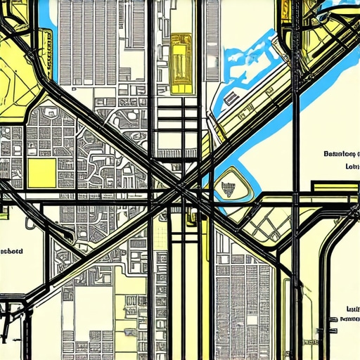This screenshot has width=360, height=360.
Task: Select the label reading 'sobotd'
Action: tap(13, 250)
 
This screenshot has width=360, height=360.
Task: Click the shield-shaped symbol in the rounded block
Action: tap(228, 187)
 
